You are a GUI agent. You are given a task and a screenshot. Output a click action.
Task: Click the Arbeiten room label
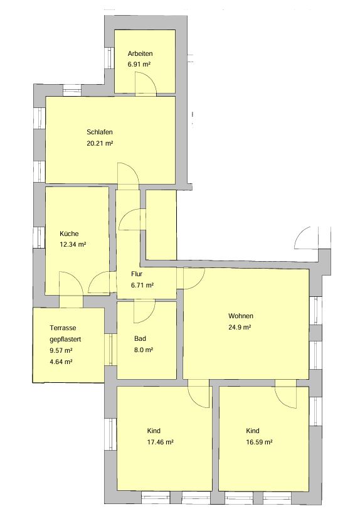click(x=140, y=54)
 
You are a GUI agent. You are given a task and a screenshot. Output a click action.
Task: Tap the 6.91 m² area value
click(x=139, y=65)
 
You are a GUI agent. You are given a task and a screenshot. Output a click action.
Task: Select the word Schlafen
click(x=100, y=132)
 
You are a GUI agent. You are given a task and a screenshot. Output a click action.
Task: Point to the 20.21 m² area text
click(x=100, y=143)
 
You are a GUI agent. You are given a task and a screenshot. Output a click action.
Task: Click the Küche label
click(x=69, y=233)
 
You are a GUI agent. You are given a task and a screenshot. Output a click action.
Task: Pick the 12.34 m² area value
click(x=73, y=245)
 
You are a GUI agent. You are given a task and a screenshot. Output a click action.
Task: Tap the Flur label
click(x=137, y=274)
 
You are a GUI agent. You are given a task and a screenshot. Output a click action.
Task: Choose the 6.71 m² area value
click(x=142, y=286)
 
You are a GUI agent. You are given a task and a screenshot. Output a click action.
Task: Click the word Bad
click(x=140, y=339)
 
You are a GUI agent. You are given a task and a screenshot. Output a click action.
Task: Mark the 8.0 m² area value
click(x=144, y=350)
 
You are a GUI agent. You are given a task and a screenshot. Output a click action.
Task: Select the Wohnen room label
click(x=241, y=316)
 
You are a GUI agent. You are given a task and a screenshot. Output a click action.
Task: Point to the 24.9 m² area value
click(x=240, y=327)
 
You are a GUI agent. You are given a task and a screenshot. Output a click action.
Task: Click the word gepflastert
click(x=65, y=340)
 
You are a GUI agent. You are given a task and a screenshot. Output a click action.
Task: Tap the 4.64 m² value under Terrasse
click(x=61, y=362)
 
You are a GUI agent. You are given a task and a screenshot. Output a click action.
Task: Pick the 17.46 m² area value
click(x=160, y=442)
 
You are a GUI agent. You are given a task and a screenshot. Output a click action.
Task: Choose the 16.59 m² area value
click(x=259, y=442)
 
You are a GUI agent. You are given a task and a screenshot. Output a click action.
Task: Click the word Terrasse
click(x=63, y=328)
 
